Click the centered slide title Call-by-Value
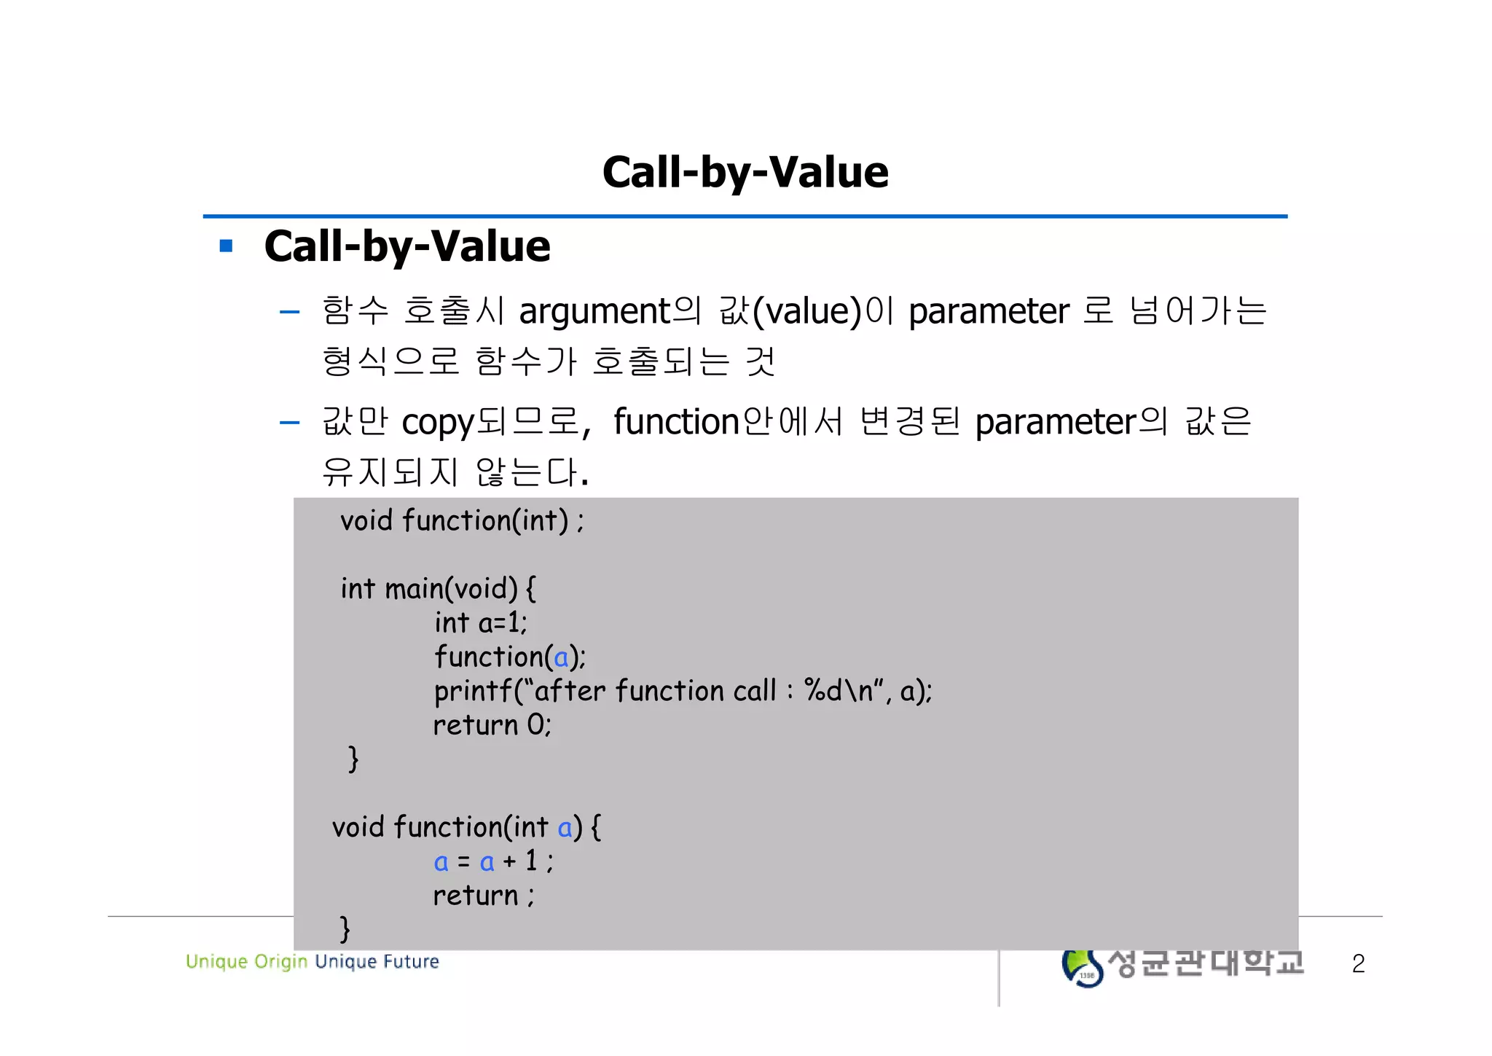745,173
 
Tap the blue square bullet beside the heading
226,246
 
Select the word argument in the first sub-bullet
594,312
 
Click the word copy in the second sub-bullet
437,423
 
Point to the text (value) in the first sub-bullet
806,312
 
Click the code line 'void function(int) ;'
462,521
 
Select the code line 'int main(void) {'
438,588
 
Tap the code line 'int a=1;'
480,623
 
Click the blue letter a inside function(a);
560,658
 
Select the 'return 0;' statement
492,725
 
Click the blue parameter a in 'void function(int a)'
565,828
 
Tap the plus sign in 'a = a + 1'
509,861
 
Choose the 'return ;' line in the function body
483,896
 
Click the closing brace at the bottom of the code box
345,929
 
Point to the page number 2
1358,963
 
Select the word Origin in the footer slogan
281,962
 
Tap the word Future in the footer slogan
411,962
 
